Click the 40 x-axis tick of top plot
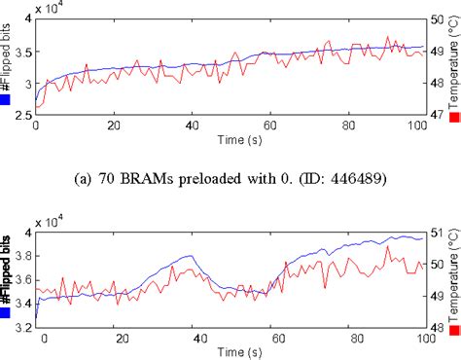(195, 126)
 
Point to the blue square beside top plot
(7, 97)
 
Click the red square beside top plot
(453, 116)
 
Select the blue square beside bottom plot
(7, 313)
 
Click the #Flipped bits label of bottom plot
(7, 272)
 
